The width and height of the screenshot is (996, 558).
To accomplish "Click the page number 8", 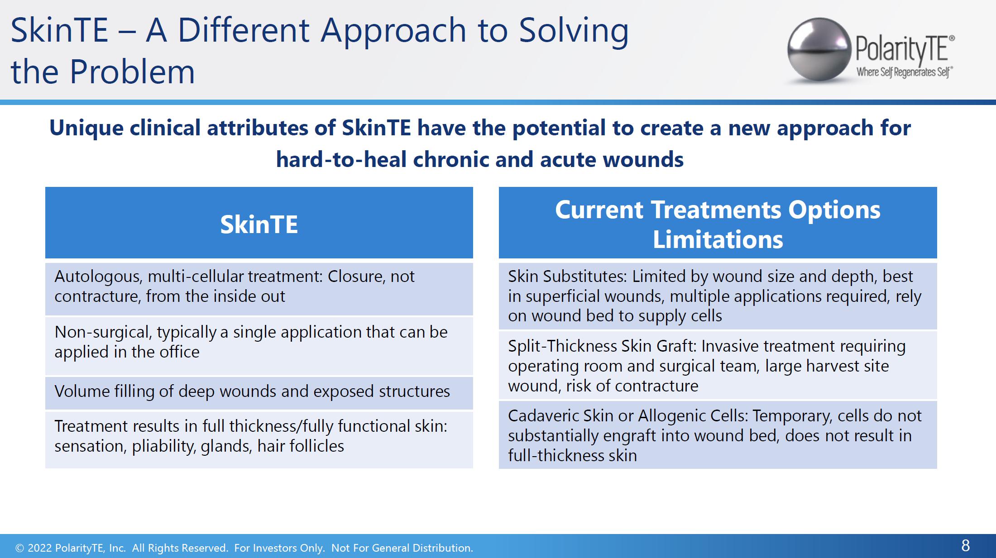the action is pos(965,546).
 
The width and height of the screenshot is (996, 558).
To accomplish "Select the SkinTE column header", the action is pos(259,224).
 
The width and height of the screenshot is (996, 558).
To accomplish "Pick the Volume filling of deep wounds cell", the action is pos(259,392).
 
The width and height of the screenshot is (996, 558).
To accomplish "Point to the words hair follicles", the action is pos(301,446).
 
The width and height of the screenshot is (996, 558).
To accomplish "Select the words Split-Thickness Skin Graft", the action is pos(602,347).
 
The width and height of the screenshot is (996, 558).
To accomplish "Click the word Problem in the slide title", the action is pos(132,72).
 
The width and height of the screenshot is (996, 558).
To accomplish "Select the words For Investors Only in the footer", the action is pos(279,548).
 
